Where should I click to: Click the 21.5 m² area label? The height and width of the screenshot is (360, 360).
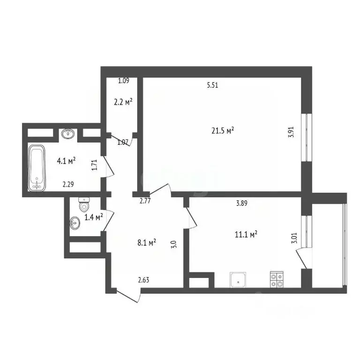tap(223, 131)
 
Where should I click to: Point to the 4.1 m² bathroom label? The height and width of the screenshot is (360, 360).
tap(67, 161)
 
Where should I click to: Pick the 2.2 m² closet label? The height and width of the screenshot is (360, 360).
tap(123, 101)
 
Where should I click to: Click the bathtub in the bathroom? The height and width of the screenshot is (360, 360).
tap(37, 168)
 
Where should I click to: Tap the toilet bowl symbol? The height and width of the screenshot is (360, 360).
tap(84, 204)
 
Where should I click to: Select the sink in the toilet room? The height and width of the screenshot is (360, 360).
tap(75, 222)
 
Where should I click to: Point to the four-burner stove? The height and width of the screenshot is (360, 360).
tap(277, 279)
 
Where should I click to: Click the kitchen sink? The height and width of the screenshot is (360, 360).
tap(239, 280)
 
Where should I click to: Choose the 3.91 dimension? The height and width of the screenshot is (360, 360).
tap(291, 132)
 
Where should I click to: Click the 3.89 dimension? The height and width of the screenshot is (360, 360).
tap(242, 203)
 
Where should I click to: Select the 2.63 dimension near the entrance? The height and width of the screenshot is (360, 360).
tap(143, 280)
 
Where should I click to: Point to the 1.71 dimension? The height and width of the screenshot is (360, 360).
tap(94, 165)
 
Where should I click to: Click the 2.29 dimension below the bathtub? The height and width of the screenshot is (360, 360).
tap(69, 185)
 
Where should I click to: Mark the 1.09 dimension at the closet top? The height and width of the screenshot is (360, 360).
tap(123, 81)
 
